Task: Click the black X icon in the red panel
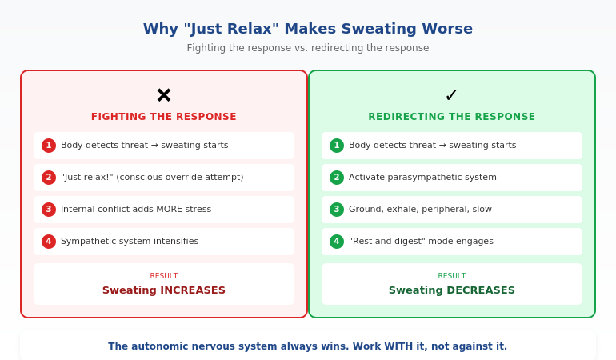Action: pyautogui.click(x=164, y=95)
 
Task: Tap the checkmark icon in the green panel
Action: pyautogui.click(x=451, y=95)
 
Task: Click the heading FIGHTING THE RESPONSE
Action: pyautogui.click(x=164, y=117)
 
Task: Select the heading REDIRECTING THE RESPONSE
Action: pyautogui.click(x=452, y=117)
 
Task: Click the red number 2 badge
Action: pyautogui.click(x=49, y=178)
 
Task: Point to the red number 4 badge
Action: pyautogui.click(x=49, y=242)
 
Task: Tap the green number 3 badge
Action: pyautogui.click(x=337, y=210)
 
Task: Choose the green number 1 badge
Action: pyautogui.click(x=337, y=146)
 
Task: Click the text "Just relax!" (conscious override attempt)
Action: pyautogui.click(x=152, y=178)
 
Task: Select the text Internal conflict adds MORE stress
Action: pyautogui.click(x=136, y=210)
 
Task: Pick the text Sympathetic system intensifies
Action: pyautogui.click(x=130, y=242)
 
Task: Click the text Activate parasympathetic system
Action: pyautogui.click(x=422, y=178)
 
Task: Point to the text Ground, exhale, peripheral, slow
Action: pyautogui.click(x=420, y=210)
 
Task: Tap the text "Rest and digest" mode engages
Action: pyautogui.click(x=421, y=242)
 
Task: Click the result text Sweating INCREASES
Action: pyautogui.click(x=164, y=290)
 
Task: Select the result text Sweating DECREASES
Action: pyautogui.click(x=452, y=290)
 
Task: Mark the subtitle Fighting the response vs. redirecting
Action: pyautogui.click(x=308, y=48)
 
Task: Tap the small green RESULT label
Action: pyautogui.click(x=452, y=276)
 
